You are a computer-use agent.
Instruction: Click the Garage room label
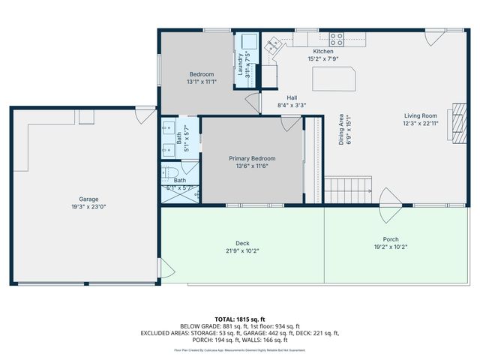88,199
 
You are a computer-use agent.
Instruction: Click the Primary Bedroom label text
252,158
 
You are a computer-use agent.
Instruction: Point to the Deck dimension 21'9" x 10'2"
242,251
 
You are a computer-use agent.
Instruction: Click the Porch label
390,238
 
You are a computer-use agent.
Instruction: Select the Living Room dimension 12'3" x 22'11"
420,124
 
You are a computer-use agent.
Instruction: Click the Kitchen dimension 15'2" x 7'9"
328,58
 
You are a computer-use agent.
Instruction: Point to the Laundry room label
241,64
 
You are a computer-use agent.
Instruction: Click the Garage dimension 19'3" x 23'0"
88,207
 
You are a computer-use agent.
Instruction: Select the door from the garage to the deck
167,268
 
